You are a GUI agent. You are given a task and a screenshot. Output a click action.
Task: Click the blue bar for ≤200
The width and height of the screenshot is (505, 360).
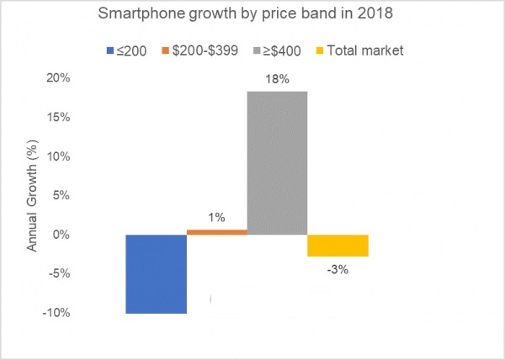click(156, 273)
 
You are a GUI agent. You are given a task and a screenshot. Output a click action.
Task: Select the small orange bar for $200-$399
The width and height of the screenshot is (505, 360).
click(216, 231)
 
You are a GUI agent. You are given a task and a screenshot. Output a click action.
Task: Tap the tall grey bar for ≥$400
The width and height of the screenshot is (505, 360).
click(277, 162)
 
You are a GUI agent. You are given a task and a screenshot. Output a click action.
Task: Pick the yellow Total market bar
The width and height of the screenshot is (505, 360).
click(338, 245)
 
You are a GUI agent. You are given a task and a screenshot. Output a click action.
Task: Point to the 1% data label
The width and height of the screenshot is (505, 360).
click(216, 218)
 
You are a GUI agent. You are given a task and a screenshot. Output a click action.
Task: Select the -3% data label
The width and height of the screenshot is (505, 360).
click(338, 270)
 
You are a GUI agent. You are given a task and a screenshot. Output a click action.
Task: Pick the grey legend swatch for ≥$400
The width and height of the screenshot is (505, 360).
click(256, 50)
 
